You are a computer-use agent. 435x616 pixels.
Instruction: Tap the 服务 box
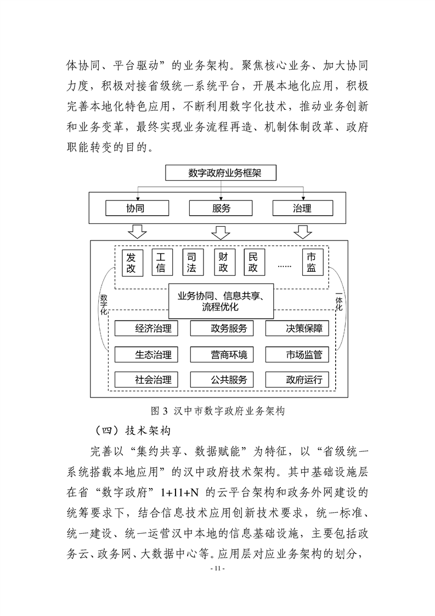[221, 208]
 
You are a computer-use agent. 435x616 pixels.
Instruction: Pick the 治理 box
[302, 208]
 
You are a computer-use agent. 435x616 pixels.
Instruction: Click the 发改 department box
[131, 262]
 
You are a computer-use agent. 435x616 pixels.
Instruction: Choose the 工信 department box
[161, 262]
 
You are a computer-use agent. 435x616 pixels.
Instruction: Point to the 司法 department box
[192, 262]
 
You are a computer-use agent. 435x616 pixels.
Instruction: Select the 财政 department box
[223, 262]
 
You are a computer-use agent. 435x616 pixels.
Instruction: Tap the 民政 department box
[253, 262]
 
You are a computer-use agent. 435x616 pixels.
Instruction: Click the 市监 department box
[311, 262]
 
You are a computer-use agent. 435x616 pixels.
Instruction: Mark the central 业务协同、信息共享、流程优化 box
[221, 301]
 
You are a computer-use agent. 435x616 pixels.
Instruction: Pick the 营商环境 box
[221, 355]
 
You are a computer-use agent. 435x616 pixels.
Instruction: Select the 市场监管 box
[296, 355]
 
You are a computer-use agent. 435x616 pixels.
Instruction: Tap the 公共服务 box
[221, 379]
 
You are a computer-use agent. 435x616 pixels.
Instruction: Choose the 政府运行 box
[296, 379]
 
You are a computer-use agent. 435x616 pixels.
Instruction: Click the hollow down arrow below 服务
[221, 232]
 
